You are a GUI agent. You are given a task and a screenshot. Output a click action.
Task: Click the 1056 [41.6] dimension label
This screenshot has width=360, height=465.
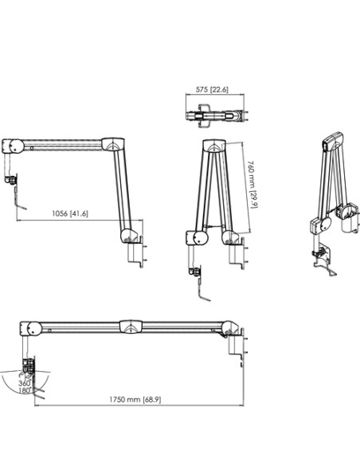pos(69,213)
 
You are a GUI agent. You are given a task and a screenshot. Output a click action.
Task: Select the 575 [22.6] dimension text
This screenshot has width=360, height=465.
pos(212,90)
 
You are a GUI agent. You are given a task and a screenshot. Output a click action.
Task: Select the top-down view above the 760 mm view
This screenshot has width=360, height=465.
pos(213,115)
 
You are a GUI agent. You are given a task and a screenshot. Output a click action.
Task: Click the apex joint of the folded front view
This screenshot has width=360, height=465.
pos(213,147)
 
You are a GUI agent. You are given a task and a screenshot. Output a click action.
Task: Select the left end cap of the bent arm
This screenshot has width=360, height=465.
pos(14,147)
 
